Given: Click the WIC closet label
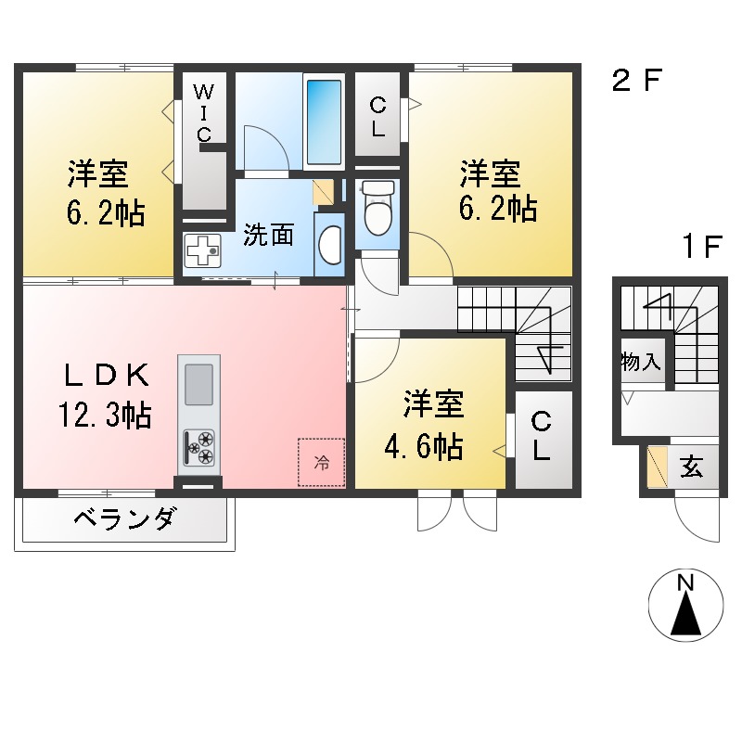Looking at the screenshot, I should pos(204,111).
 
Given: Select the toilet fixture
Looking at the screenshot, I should pos(377,209).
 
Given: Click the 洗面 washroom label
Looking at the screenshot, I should pos(268,236).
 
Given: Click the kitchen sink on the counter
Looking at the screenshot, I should pos(198,384).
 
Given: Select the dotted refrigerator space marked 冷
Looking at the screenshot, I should pos(321,461).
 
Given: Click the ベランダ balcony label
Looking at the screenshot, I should pos(122,520).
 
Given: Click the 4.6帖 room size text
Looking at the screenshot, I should pos(424,449).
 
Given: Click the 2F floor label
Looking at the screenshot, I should pos(635,82).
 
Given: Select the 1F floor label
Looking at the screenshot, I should pos(702,248).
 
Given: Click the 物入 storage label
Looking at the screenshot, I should pos(641,363).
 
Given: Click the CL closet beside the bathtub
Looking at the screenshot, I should pos(377,117).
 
